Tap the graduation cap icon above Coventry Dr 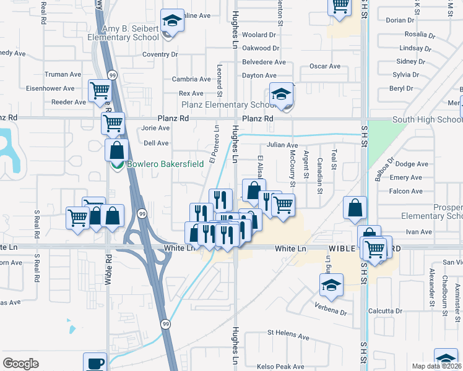click(172, 20)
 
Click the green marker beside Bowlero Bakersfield click(115, 165)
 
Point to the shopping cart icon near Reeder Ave click(99, 90)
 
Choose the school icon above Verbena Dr click(331, 285)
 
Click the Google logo click(21, 364)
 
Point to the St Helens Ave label click(288, 336)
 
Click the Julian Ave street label click(282, 145)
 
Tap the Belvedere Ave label click(264, 62)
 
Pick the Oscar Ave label click(325, 66)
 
